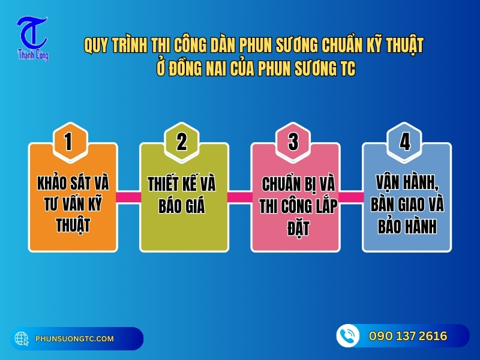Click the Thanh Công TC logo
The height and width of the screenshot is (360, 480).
32,38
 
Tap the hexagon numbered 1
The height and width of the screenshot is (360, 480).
68,142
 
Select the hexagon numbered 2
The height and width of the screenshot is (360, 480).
182,142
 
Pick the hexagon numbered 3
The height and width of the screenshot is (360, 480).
293,142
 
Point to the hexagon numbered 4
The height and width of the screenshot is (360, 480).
405,142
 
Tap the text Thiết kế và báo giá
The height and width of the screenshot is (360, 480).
182,194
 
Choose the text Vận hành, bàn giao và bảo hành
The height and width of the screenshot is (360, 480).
406,204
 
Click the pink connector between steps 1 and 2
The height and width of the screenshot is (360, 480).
128,197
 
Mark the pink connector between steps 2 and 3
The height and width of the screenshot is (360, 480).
240,197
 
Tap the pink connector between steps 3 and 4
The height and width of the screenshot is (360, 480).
351,197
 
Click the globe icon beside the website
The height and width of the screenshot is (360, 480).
22,339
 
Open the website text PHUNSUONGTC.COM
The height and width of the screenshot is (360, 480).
74,339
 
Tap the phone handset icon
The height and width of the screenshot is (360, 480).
347,336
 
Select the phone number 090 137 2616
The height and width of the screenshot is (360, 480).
408,336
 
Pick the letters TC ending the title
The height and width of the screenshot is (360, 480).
347,69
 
